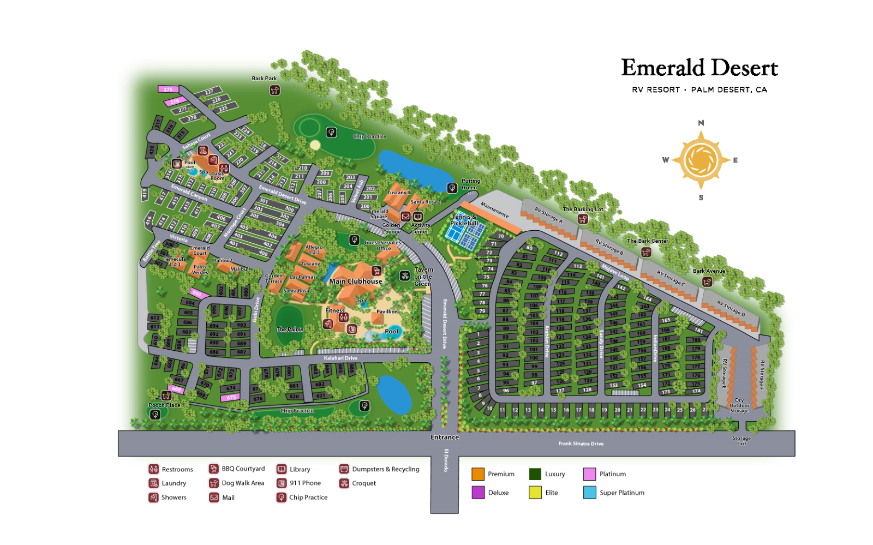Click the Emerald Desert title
click(699, 69)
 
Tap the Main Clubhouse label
click(355, 282)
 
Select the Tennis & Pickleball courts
click(464, 231)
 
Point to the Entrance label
click(445, 437)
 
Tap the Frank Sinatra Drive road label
click(581, 444)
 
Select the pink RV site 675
click(231, 398)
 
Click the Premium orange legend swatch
click(478, 474)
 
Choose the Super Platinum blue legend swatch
click(589, 493)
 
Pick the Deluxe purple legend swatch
click(478, 493)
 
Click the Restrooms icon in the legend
click(153, 469)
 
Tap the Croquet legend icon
click(344, 483)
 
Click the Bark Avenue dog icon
click(708, 282)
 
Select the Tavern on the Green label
click(423, 277)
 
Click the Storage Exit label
click(742, 441)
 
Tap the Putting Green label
click(470, 184)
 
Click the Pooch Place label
click(164, 405)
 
